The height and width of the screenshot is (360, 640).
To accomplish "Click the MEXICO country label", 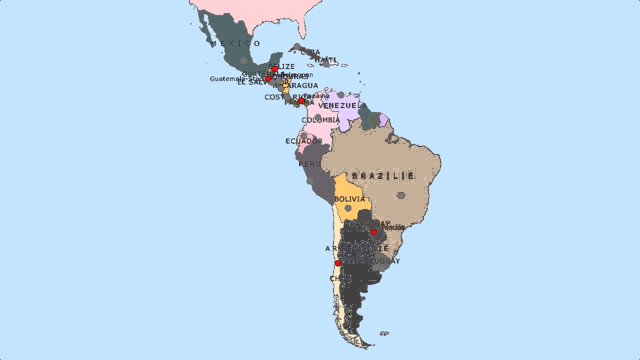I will pos(235,43).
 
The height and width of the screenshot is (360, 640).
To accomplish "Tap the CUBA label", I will pos(310,52).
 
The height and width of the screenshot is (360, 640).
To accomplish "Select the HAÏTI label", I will pos(325,59).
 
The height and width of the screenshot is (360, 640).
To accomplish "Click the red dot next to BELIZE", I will pos(274,69).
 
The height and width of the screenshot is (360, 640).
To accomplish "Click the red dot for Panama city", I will pos(301,100).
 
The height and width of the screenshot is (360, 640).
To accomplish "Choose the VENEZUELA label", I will pos(342,105).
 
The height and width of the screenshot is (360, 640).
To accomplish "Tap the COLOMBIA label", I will pos(320,120).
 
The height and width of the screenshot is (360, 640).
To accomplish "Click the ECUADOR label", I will pos(304,141).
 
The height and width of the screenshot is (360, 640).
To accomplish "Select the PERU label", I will pos(309,164).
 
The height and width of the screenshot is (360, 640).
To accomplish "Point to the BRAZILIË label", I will pos(383,176).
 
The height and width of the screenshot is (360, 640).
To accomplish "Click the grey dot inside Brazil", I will pos(401,195).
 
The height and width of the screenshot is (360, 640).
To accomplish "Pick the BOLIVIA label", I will pos(349,199).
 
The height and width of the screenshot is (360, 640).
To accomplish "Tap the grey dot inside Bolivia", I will pos(348,208).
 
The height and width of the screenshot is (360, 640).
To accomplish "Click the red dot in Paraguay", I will pos(373,232).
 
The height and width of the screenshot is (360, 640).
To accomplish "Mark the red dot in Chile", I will pos(338,263).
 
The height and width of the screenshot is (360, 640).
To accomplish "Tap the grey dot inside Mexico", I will pos(243,60).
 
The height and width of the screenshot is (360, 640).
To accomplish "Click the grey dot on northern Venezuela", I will pos(341,95).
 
